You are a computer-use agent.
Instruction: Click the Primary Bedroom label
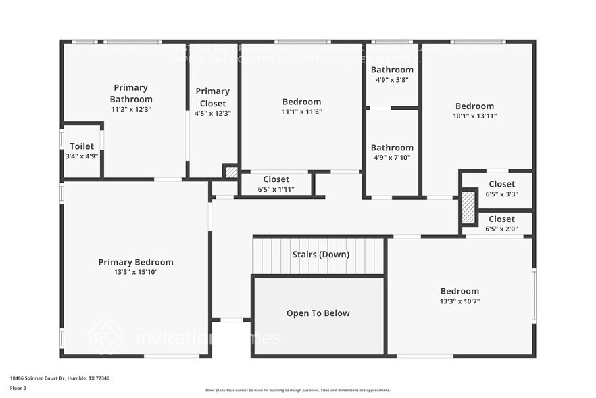coord(135,262)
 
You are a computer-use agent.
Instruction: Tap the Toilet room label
coord(82,146)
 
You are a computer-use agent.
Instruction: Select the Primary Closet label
coord(213,96)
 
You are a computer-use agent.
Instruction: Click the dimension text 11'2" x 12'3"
coord(131,109)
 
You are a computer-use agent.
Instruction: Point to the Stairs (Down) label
coord(320,255)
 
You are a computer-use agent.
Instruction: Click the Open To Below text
coord(318,313)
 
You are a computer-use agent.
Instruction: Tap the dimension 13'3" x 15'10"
coord(135,272)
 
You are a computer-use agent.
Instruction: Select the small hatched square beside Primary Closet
coord(232,173)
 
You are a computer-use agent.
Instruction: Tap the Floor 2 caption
coord(18,388)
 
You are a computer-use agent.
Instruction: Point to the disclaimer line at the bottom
coord(297,390)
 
